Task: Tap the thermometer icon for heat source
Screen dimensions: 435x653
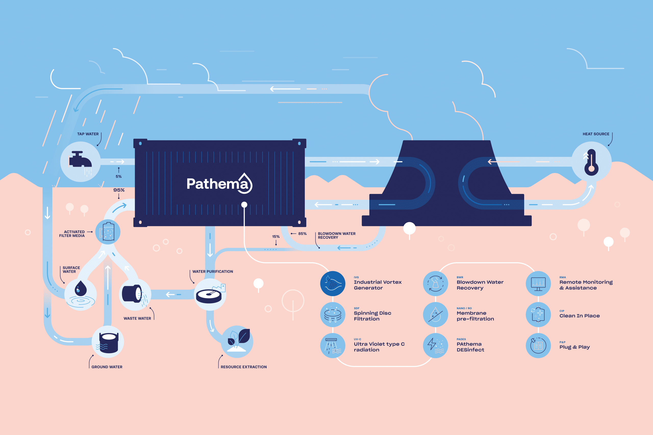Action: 591,162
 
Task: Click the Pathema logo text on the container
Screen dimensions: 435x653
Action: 219,184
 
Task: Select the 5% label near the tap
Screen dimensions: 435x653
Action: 119,176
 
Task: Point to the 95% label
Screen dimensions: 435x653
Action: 119,190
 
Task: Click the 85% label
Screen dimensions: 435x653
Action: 302,234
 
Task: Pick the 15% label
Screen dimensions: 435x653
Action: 276,237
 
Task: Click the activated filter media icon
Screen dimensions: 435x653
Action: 108,232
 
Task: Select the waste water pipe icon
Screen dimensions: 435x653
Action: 135,294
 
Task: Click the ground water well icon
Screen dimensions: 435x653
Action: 108,342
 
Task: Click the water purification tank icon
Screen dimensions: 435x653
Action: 210,295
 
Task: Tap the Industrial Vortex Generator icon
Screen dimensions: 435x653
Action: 333,283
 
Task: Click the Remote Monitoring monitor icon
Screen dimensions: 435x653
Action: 538,283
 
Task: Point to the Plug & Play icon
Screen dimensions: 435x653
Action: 538,345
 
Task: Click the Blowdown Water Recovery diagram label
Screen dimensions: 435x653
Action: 336,235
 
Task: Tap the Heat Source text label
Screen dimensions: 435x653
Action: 596,134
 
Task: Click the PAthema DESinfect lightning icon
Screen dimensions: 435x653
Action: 435,345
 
